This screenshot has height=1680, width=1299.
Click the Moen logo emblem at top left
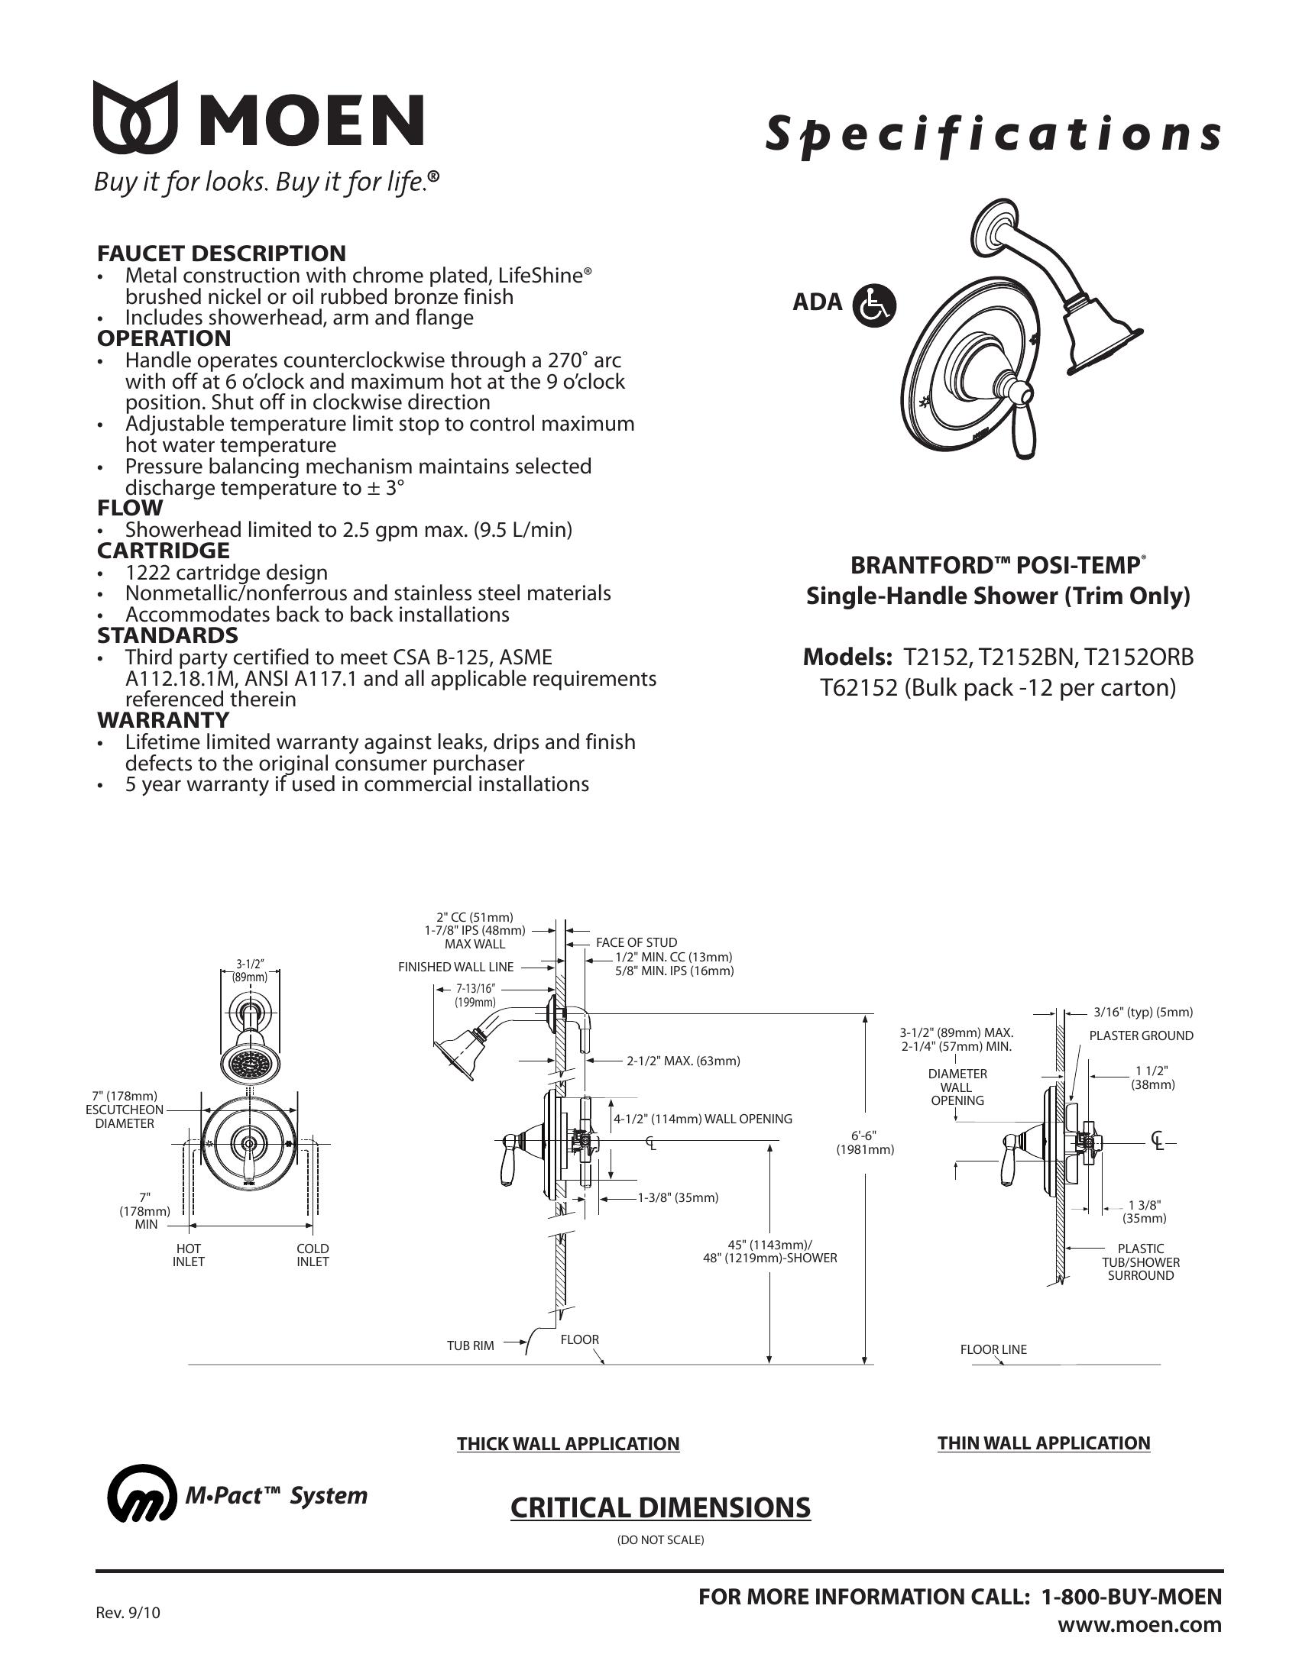pyautogui.click(x=135, y=117)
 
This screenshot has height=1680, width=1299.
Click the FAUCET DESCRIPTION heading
pyautogui.click(x=221, y=253)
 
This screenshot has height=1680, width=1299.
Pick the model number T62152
pyautogui.click(x=858, y=687)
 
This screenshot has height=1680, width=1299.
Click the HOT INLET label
pyautogui.click(x=189, y=1255)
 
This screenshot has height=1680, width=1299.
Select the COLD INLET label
pyautogui.click(x=313, y=1255)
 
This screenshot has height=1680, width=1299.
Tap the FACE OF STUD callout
pyautogui.click(x=637, y=942)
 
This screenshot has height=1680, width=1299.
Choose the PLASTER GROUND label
pyautogui.click(x=1141, y=1035)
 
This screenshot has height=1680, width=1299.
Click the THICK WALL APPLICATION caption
pyautogui.click(x=568, y=1444)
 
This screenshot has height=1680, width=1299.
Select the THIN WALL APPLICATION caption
pyautogui.click(x=1043, y=1443)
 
